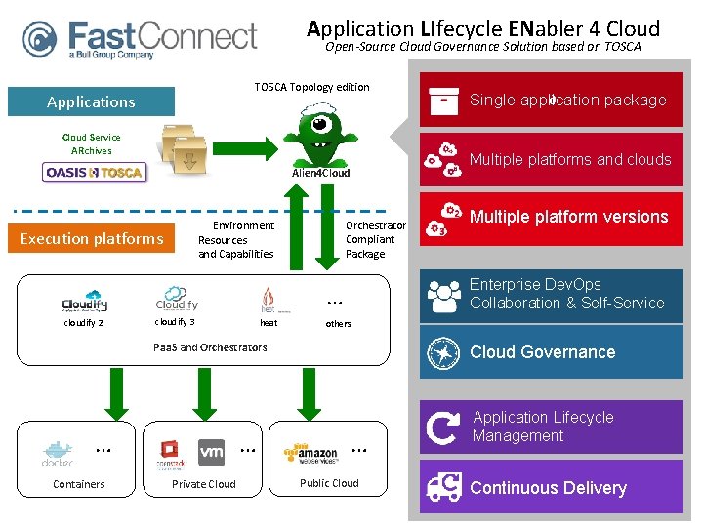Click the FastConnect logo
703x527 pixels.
pyautogui.click(x=140, y=39)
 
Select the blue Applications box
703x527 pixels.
pyautogui.click(x=91, y=101)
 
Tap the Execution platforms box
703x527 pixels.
pyautogui.click(x=91, y=238)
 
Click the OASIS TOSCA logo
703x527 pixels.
pyautogui.click(x=94, y=173)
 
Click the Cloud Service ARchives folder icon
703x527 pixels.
pyautogui.click(x=186, y=147)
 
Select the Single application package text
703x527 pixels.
pyautogui.click(x=567, y=100)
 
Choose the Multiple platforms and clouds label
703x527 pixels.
pyautogui.click(x=570, y=159)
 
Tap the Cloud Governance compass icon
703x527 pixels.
pyautogui.click(x=443, y=352)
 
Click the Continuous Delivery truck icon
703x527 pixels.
pyautogui.click(x=443, y=487)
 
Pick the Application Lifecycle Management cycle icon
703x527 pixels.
pyautogui.click(x=443, y=427)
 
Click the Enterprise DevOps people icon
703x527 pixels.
pyautogui.click(x=443, y=294)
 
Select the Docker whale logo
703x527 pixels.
pyautogui.click(x=58, y=454)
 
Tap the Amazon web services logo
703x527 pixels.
pyautogui.click(x=310, y=453)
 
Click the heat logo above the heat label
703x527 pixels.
pyautogui.click(x=269, y=299)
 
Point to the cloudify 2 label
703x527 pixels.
pyautogui.click(x=84, y=323)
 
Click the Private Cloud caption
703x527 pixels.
pyautogui.click(x=203, y=484)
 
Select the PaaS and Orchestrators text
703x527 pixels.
pyautogui.click(x=210, y=347)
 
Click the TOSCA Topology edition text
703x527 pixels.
pyautogui.click(x=311, y=87)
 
